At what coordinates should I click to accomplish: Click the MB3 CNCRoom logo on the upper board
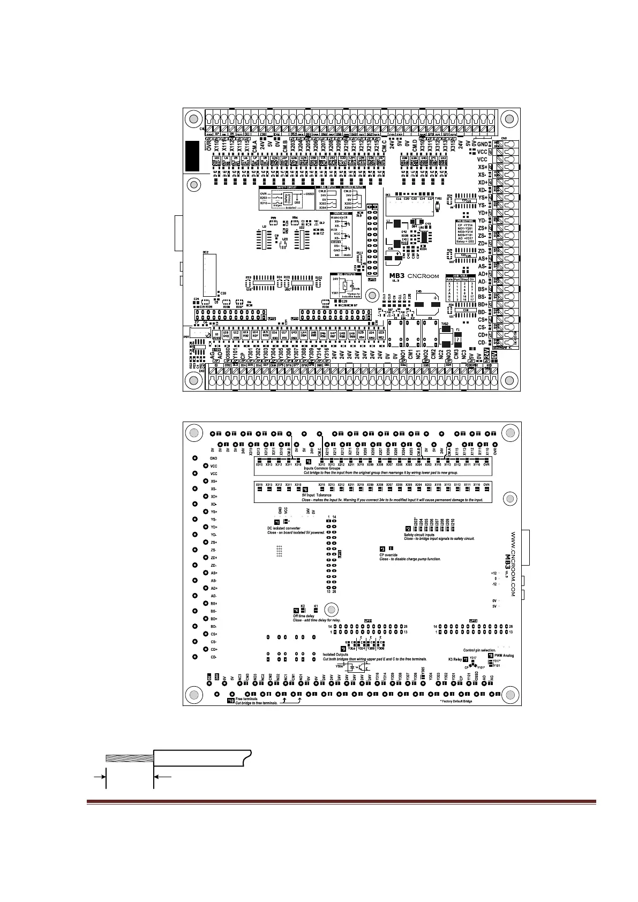click(x=414, y=276)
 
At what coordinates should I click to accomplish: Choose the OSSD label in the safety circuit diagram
click(x=310, y=194)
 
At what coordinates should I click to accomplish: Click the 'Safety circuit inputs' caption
click(x=422, y=535)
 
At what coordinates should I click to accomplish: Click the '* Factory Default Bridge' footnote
click(x=456, y=701)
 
